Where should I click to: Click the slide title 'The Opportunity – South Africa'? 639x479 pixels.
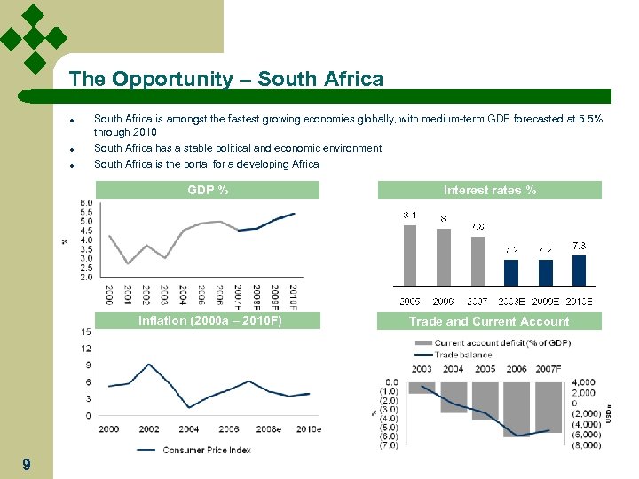pyautogui.click(x=225, y=79)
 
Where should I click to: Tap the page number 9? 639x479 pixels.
pyautogui.click(x=27, y=464)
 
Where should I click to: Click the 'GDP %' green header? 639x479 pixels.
pyautogui.click(x=208, y=189)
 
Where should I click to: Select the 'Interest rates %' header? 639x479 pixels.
pyautogui.click(x=489, y=190)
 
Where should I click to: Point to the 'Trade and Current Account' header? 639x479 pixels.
pyautogui.click(x=489, y=321)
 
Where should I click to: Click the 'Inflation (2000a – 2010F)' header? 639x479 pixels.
pyautogui.click(x=209, y=321)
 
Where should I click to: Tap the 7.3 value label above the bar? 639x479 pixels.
pyautogui.click(x=579, y=245)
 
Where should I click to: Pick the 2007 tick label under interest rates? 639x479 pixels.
pyautogui.click(x=477, y=302)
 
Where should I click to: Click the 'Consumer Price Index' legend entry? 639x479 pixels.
pyautogui.click(x=206, y=450)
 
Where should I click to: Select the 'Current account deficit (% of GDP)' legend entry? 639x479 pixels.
pyautogui.click(x=501, y=342)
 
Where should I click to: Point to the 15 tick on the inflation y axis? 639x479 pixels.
pyautogui.click(x=85, y=332)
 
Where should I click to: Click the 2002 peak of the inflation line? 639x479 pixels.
pyautogui.click(x=148, y=365)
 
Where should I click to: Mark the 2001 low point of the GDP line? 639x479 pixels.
pyautogui.click(x=128, y=263)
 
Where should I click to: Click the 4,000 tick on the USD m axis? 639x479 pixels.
pyautogui.click(x=583, y=382)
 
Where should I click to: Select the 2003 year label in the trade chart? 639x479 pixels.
pyautogui.click(x=422, y=369)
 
